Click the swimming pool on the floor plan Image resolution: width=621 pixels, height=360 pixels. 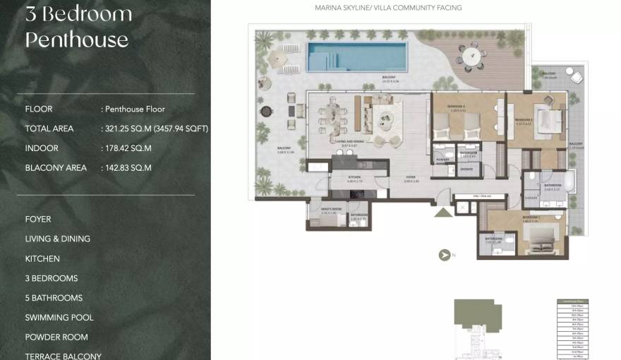pos(357,54)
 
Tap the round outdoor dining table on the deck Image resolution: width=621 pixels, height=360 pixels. pos(468,54)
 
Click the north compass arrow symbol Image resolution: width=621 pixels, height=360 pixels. pos(445,256)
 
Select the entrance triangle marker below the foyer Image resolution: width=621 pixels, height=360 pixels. pos(442,211)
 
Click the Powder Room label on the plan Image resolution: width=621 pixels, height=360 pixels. pos(443,160)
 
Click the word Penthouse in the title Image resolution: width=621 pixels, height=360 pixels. pos(76,40)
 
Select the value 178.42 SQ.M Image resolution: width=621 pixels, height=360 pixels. pos(128,148)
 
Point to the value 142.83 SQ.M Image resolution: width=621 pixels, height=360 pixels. pos(128,168)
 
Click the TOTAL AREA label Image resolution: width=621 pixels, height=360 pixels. pos(49,128)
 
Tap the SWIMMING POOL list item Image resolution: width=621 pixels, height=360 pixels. pos(59,318)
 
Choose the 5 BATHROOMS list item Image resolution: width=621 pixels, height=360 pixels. pos(54,298)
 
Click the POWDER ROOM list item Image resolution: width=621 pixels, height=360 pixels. pos(56,337)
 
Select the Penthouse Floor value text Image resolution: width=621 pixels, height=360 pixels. pos(135,109)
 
